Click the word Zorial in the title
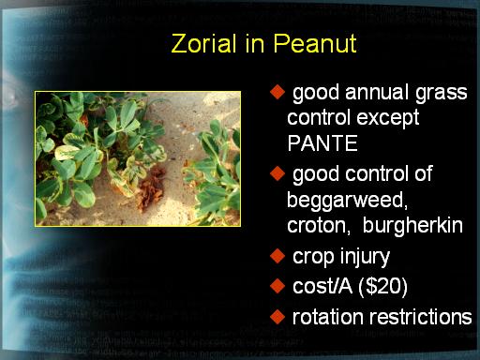pyautogui.click(x=203, y=43)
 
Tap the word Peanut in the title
pyautogui.click(x=315, y=43)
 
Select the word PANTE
pyautogui.click(x=322, y=143)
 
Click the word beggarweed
pyautogui.click(x=347, y=201)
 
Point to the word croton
pyautogui.click(x=319, y=226)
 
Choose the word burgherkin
pyautogui.click(x=412, y=225)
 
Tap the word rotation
pyautogui.click(x=328, y=317)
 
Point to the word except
pyautogui.click(x=387, y=119)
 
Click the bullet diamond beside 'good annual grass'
pyautogui.click(x=277, y=92)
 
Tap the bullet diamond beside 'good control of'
pyautogui.click(x=277, y=173)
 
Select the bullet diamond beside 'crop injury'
pyautogui.click(x=277, y=256)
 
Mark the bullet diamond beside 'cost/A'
pyautogui.click(x=277, y=286)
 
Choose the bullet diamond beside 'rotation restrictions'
pyautogui.click(x=277, y=317)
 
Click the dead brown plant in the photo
pyautogui.click(x=152, y=188)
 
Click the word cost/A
pyautogui.click(x=322, y=286)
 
